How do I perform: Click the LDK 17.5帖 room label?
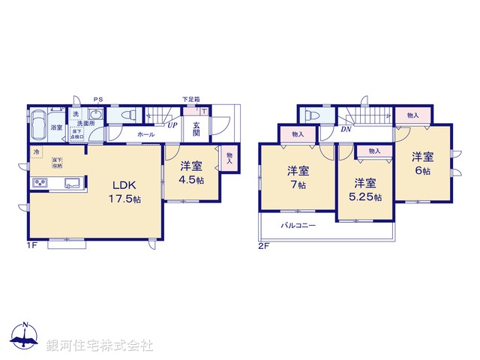point(126,192)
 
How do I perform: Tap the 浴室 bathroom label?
point(56,127)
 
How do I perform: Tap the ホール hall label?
point(146,134)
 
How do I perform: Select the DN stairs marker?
point(346,128)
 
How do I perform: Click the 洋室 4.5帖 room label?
point(191,173)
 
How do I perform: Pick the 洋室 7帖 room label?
point(298,177)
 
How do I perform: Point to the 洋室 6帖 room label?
point(423,163)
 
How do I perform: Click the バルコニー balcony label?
point(298,226)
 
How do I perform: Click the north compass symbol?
point(25,336)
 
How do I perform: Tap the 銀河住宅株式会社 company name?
point(100,346)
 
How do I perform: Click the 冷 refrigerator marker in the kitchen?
point(36,153)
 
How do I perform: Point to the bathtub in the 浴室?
point(38,126)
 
